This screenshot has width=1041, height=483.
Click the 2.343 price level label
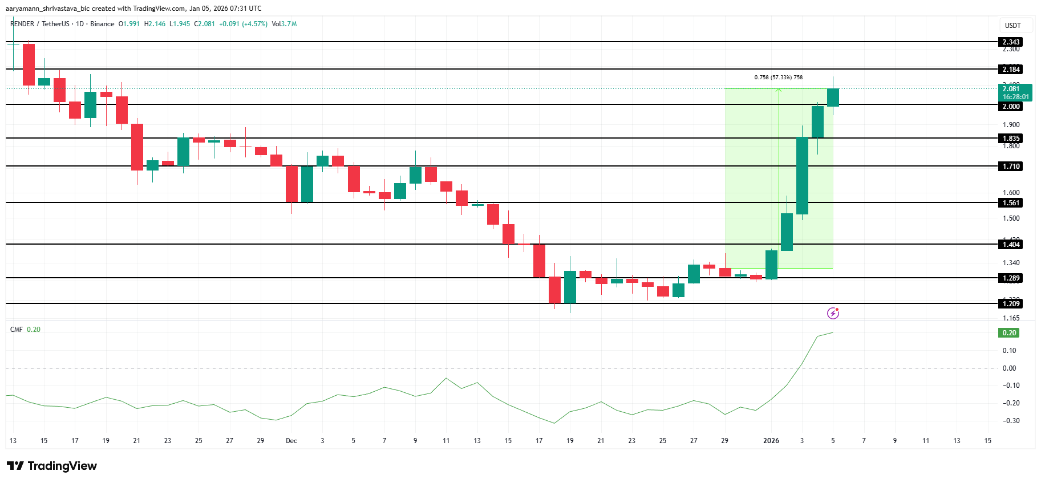[1011, 42]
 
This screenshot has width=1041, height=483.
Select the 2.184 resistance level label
[1011, 69]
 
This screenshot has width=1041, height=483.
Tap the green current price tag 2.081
[1015, 92]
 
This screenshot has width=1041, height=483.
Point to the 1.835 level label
[1011, 138]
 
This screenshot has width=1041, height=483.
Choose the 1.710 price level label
[1011, 166]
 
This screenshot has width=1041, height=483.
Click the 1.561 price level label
[1011, 202]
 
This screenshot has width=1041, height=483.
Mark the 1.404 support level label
[1011, 244]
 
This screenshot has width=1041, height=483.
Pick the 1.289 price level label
[1011, 278]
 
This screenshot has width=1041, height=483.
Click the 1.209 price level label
[1011, 303]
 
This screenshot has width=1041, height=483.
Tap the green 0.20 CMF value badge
[1009, 332]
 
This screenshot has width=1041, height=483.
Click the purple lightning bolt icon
[833, 313]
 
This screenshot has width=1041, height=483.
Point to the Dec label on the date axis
[291, 440]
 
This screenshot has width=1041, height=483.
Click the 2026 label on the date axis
[771, 440]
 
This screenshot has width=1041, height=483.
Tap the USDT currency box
[1012, 25]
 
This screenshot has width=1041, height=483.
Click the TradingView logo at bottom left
[52, 466]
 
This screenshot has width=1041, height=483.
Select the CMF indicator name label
[17, 329]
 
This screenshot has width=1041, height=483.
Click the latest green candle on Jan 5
[833, 98]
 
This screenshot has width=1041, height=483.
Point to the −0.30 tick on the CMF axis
[1011, 420]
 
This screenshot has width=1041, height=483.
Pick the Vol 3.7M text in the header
[284, 24]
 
